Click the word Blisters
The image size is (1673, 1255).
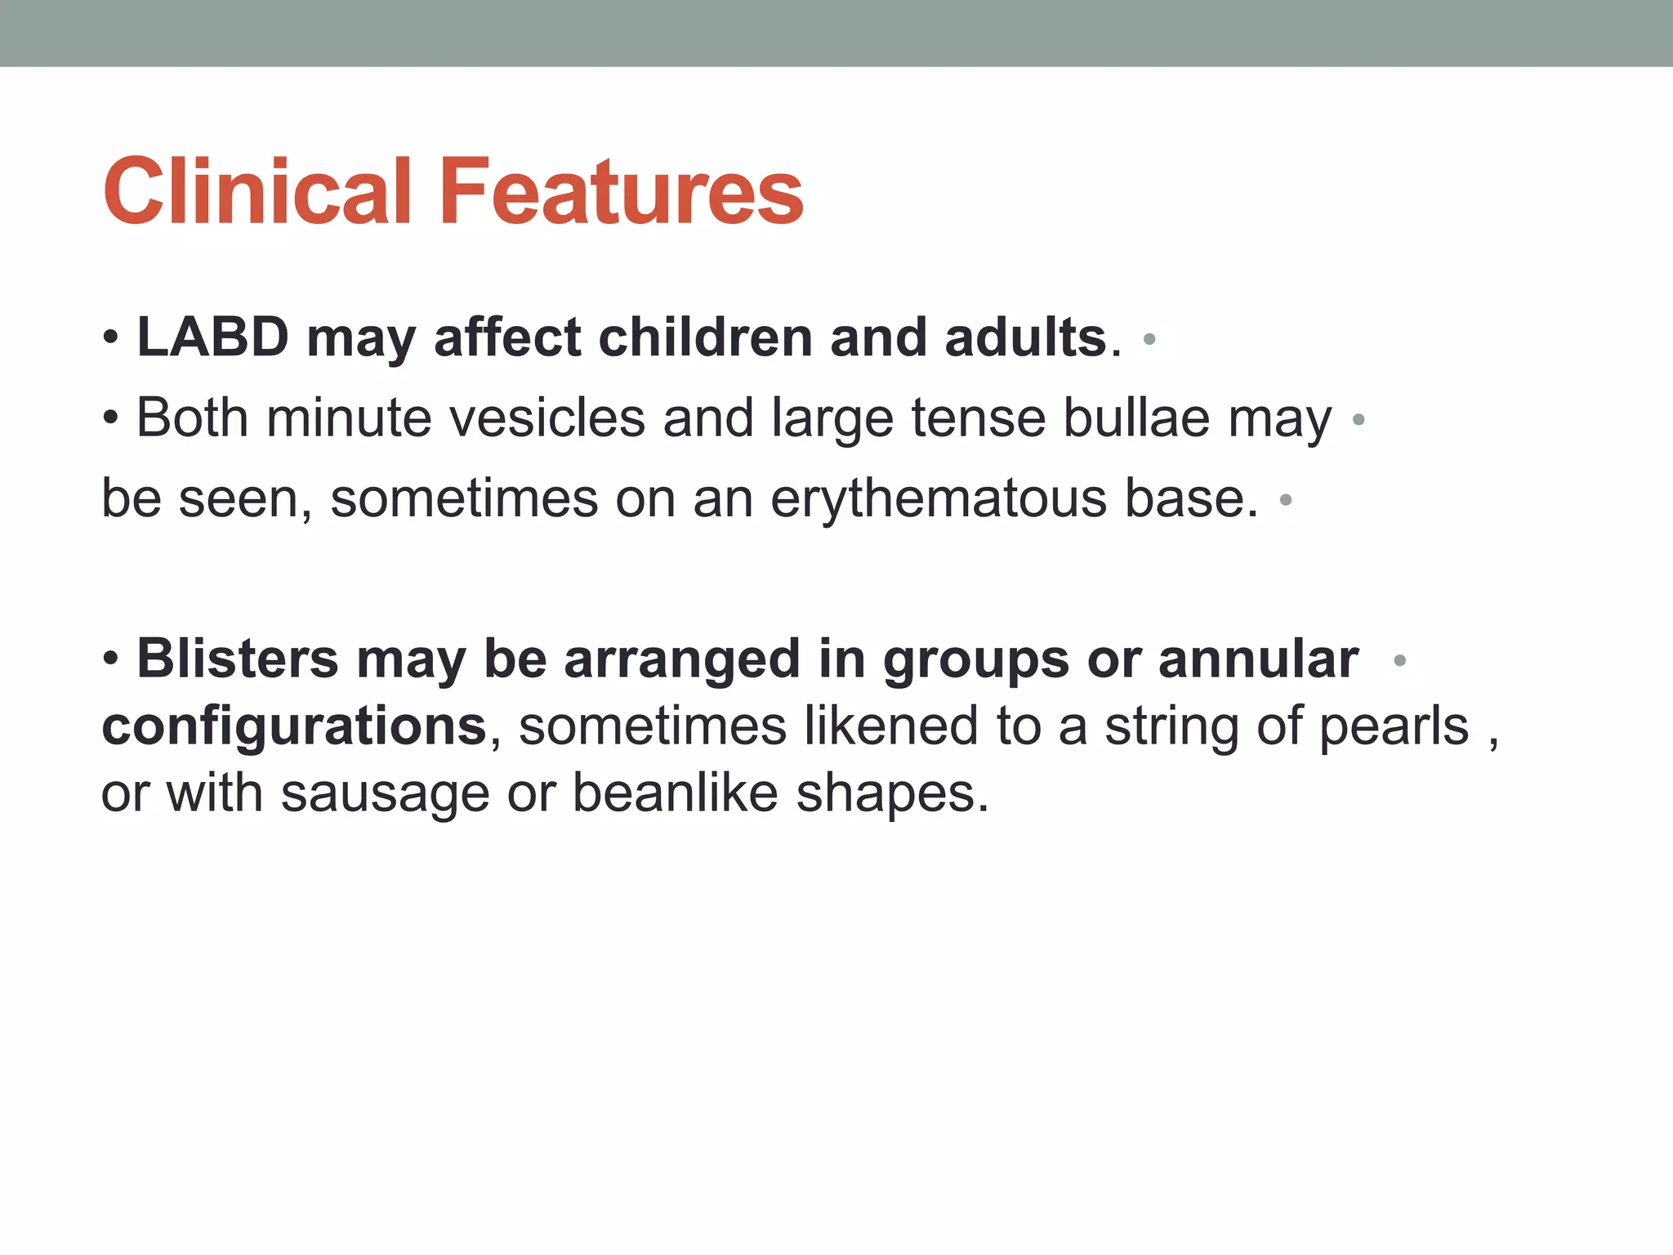237,659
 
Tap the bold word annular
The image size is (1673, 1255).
1258,659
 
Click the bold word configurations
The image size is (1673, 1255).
294,726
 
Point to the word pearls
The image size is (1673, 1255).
1394,726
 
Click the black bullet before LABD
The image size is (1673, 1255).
111,338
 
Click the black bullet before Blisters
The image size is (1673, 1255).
111,660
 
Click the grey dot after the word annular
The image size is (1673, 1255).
1399,660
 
